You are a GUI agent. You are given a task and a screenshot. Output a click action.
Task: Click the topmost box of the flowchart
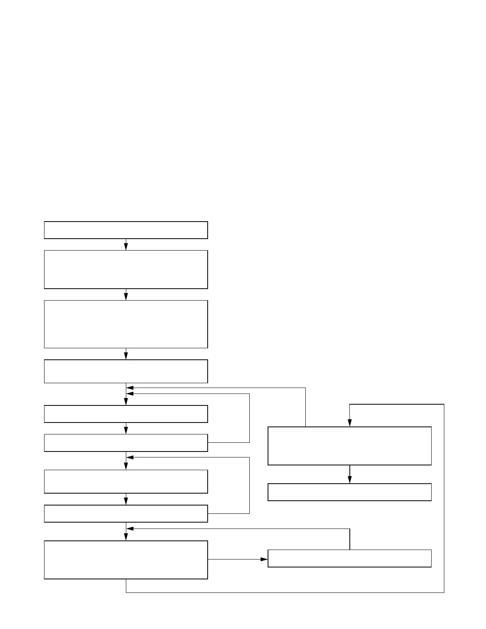click(126, 230)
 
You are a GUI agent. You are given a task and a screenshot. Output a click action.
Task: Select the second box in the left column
click(126, 269)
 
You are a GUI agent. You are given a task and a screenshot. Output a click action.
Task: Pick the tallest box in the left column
click(126, 324)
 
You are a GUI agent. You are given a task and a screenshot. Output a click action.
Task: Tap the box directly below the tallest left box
click(126, 371)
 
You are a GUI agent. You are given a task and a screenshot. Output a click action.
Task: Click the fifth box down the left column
click(126, 414)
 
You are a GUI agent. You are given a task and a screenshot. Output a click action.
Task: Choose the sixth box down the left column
click(126, 443)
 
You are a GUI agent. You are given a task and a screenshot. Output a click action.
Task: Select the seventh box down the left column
click(126, 481)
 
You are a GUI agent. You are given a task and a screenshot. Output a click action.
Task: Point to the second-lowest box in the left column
click(126, 513)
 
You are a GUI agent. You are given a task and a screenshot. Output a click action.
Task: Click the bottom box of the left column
click(126, 560)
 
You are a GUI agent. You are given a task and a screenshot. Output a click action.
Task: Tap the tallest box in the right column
click(349, 446)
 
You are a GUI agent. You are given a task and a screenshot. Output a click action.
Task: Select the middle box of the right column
click(349, 492)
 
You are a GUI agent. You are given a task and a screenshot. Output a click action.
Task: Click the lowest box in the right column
click(349, 558)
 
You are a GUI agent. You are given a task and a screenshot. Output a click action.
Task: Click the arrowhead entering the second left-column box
click(126, 247)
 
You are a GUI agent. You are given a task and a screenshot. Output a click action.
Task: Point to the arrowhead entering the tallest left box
click(126, 297)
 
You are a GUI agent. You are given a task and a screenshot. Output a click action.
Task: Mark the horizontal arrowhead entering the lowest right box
click(264, 559)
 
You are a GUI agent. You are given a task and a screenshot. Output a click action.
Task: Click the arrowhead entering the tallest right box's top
click(349, 423)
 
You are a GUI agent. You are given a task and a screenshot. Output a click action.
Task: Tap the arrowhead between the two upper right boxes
click(349, 480)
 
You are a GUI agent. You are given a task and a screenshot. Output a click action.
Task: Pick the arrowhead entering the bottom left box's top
click(126, 537)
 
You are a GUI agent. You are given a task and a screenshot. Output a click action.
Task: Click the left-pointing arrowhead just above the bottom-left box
click(130, 529)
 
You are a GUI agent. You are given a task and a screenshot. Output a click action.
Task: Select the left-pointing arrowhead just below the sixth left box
click(130, 457)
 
